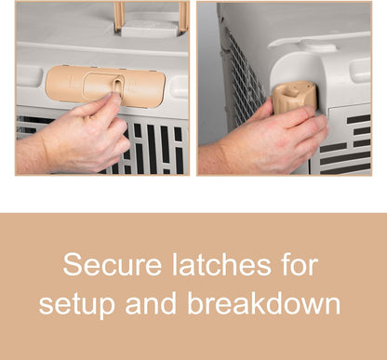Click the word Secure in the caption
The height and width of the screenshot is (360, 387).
point(113,264)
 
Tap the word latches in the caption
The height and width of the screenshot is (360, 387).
point(221,264)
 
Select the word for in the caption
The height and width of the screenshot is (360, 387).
point(300,264)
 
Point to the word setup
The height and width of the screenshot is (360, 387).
point(77,305)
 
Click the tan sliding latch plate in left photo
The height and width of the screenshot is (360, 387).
point(105,86)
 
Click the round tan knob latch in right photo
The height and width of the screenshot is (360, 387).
point(295,97)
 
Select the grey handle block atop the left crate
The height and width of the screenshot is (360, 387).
point(151,27)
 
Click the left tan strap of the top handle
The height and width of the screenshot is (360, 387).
point(119,17)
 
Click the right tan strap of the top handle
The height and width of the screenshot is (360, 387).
point(184,17)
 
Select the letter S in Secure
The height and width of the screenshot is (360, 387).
point(71,264)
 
